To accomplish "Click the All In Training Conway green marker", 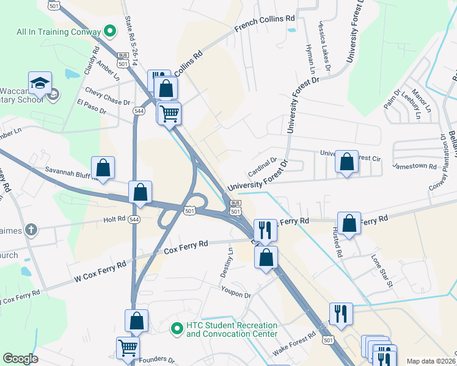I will (111, 30).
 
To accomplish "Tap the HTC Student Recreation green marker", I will (177, 328).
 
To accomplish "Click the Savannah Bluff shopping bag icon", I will (103, 168).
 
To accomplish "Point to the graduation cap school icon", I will (40, 82).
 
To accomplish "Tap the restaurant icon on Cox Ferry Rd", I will (265, 230).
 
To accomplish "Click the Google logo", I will (20, 359).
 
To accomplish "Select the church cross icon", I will (31, 230).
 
